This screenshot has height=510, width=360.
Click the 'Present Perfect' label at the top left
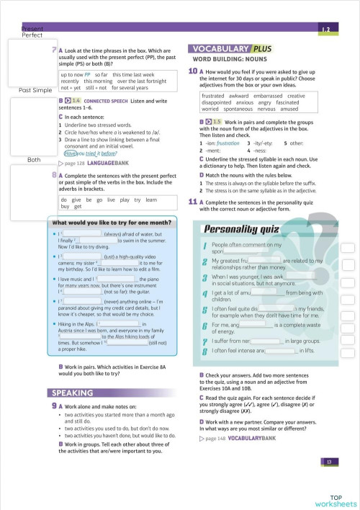pos(32,31)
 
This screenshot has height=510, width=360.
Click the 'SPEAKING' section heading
pos(72,393)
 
